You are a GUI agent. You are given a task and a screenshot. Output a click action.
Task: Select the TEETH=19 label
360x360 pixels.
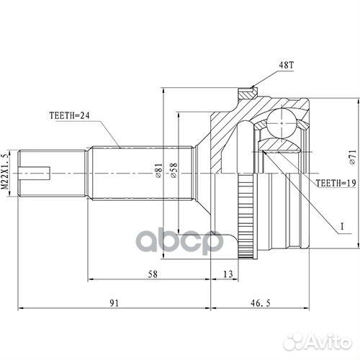click(x=335, y=183)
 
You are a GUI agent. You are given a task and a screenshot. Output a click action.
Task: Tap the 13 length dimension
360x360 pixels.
click(x=228, y=274)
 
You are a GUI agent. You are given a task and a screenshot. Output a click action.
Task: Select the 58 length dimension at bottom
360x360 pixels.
click(x=152, y=274)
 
